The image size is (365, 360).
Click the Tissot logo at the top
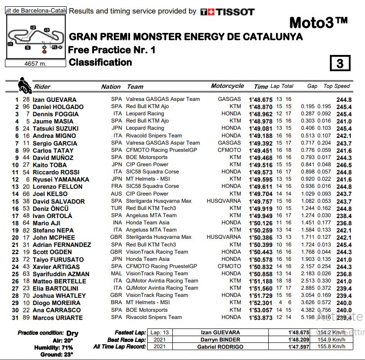[x=227, y=12]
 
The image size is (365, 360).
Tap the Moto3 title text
[x=318, y=23]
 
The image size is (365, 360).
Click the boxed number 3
[x=340, y=64]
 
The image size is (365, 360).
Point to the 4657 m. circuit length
[x=35, y=64]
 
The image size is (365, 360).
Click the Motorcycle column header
[x=227, y=86]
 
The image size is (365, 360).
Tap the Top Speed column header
[x=337, y=86]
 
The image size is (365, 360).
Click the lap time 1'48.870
[x=261, y=107]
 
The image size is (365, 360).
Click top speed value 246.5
[x=344, y=165]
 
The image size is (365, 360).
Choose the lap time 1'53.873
[x=261, y=317]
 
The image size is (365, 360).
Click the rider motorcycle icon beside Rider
[x=23, y=84]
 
